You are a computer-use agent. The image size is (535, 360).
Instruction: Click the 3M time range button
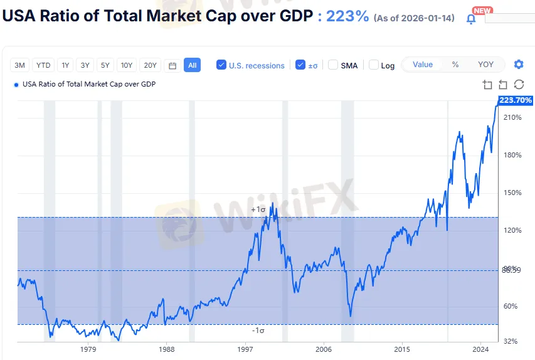tap(20, 65)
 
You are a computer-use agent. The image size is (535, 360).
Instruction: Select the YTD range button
tap(43, 65)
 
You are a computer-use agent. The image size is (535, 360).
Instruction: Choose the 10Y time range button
tap(127, 65)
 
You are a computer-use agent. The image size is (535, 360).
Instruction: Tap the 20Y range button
tap(151, 65)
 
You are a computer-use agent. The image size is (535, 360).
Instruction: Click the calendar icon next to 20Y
tap(172, 65)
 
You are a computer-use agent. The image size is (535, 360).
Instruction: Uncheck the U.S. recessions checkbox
tap(221, 65)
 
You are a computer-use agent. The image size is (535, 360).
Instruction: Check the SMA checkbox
tap(333, 65)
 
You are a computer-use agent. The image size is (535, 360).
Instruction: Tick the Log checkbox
tap(374, 65)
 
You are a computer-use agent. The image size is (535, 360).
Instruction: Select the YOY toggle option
tap(485, 65)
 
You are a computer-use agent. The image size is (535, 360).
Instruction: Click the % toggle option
tap(455, 65)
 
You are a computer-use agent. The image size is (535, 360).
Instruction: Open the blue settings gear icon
tap(519, 65)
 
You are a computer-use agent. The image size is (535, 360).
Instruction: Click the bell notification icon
tap(471, 19)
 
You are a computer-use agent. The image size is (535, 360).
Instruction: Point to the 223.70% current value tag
tap(516, 100)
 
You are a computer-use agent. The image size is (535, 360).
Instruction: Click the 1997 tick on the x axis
tap(245, 349)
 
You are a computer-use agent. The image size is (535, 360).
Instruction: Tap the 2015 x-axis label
tap(402, 349)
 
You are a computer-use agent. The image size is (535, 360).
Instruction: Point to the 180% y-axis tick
tap(512, 155)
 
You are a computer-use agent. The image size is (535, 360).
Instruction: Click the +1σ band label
tap(258, 209)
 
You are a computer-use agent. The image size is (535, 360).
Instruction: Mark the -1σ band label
tap(258, 331)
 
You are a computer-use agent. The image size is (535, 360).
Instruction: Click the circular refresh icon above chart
tap(519, 85)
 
